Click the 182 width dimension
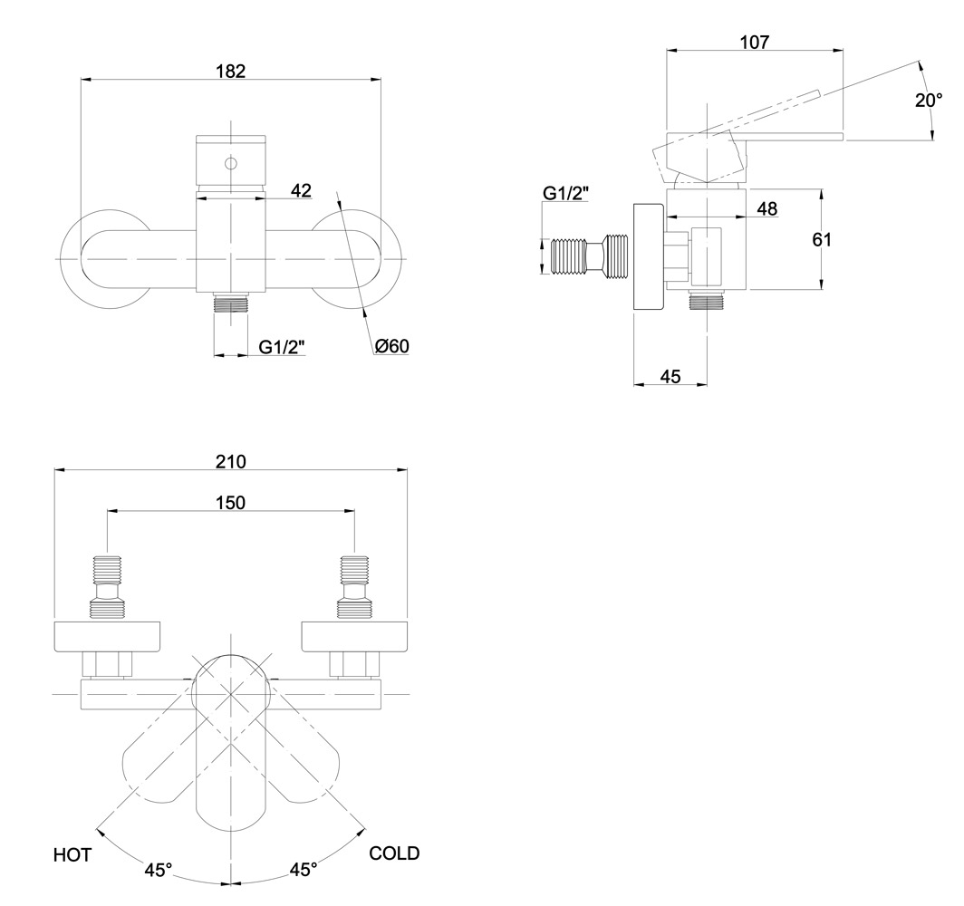point(231,71)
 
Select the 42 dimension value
point(301,190)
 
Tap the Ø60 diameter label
point(391,346)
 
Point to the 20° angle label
point(929,100)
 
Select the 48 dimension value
point(766,208)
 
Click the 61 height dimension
point(821,240)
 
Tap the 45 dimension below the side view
point(670,376)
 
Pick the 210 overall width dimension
point(231,460)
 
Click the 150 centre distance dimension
point(230,502)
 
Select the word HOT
point(72,854)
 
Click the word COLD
point(394,853)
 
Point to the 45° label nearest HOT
point(158,871)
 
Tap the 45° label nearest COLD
point(303,871)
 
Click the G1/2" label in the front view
point(282,346)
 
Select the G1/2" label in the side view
point(565,192)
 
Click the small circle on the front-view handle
point(230,164)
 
